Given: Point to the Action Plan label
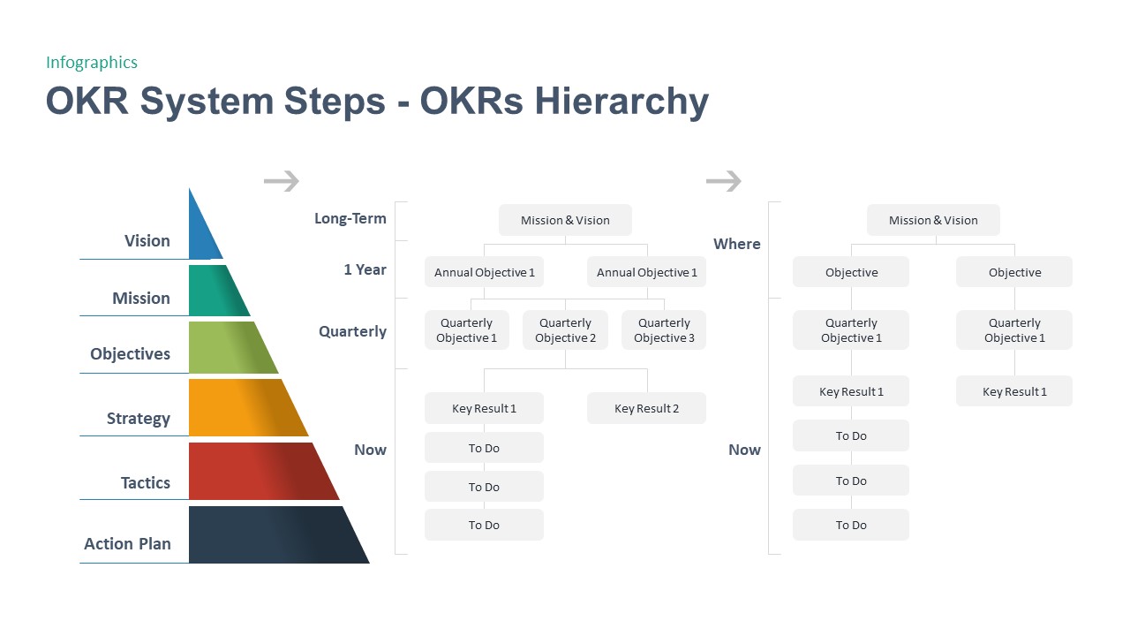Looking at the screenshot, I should (127, 544).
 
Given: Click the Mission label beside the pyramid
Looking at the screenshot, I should (140, 299).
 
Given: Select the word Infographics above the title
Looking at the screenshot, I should (92, 62).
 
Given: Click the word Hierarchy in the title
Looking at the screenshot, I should (622, 101).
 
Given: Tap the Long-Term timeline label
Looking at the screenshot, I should (350, 218).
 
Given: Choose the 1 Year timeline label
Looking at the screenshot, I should (365, 269).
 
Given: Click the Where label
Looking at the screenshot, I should (736, 244).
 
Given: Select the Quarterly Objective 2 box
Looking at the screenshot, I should (565, 330).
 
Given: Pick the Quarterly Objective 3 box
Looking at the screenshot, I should (664, 330).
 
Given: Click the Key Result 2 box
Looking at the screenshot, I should (646, 408).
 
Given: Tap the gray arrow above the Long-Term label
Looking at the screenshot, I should (282, 181).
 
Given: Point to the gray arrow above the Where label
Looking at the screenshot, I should (723, 181).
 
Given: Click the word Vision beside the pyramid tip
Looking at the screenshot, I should (147, 241).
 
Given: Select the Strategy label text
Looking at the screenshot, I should (138, 419).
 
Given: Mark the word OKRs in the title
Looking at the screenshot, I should (472, 101).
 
